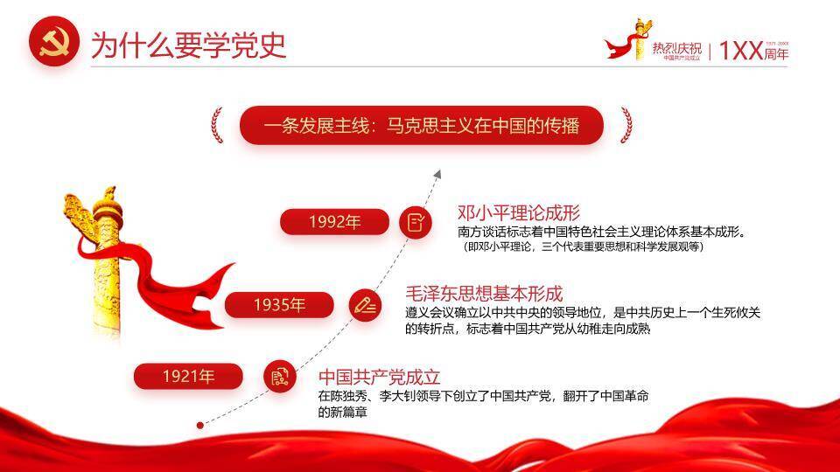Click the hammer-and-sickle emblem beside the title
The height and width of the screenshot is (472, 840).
point(54,44)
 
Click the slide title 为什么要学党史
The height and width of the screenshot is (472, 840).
point(188,45)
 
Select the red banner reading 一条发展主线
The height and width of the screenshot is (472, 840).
point(421,125)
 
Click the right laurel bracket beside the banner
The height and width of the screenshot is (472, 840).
point(626,125)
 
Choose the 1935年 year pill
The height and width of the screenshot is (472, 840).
point(279,305)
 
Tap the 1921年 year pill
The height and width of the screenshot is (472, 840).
point(187,377)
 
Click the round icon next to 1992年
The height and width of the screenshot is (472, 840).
point(416,222)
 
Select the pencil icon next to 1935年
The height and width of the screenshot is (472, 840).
point(365,305)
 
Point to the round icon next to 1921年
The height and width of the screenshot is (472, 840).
point(279,377)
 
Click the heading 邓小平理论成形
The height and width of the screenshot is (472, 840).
point(519,213)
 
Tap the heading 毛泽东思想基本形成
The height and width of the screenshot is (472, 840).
point(484,294)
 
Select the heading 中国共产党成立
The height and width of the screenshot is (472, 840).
point(379,377)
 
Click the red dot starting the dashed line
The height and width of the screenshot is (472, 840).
point(200,425)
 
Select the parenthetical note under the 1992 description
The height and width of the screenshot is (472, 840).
point(584,246)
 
